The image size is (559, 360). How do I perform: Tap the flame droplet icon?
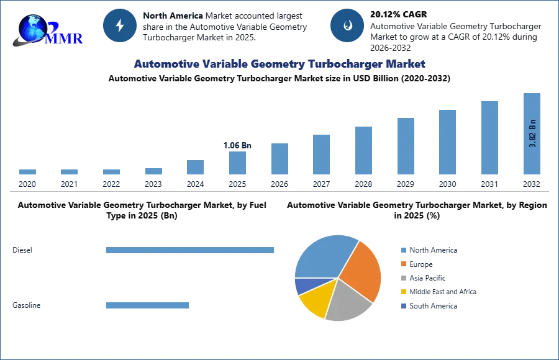pyautogui.click(x=347, y=25)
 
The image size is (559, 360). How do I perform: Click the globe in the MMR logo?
pyautogui.click(x=32, y=28)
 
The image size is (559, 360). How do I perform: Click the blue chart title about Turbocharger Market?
pyautogui.click(x=279, y=64)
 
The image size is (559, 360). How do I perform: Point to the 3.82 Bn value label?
pyautogui.click(x=532, y=133)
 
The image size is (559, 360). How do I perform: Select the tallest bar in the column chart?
pyautogui.click(x=532, y=133)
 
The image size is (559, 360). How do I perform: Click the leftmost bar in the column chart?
pyautogui.click(x=27, y=173)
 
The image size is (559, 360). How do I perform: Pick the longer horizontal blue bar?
pyautogui.click(x=191, y=248)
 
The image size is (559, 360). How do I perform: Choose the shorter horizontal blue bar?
pyautogui.click(x=146, y=305)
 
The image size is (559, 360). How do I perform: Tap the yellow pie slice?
pyautogui.click(x=314, y=300)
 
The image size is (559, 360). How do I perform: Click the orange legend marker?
pyautogui.click(x=402, y=264)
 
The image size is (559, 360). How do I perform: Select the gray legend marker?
pyautogui.click(x=402, y=278)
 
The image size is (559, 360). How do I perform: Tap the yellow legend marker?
pyautogui.click(x=402, y=292)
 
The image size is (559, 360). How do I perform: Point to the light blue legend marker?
pyautogui.click(x=402, y=249)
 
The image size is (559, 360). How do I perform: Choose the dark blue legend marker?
pyautogui.click(x=402, y=307)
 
